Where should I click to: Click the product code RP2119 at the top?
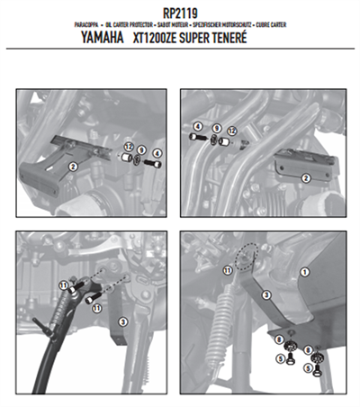(180, 12)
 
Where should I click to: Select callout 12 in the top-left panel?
(129, 146)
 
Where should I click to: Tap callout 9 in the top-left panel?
(141, 149)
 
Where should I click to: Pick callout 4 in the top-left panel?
(157, 153)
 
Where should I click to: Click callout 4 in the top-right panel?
(197, 127)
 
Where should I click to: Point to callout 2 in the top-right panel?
(305, 179)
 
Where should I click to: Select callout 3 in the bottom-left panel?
(123, 321)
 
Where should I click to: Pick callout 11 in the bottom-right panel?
(228, 269)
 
